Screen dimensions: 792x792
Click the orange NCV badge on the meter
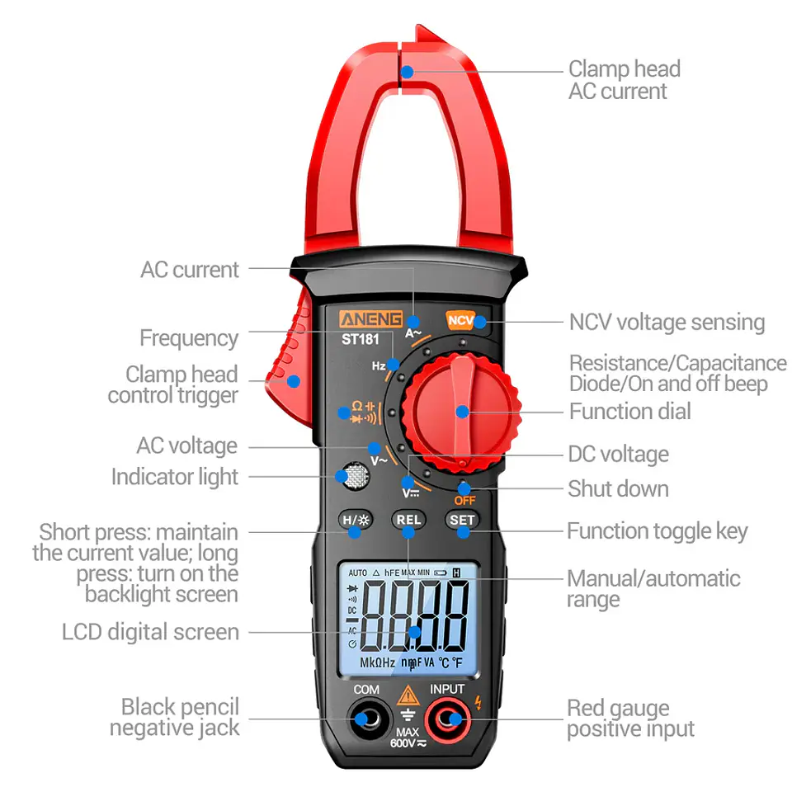[460, 320]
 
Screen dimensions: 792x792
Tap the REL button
[408, 520]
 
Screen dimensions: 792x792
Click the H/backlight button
[356, 520]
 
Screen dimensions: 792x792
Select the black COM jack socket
[369, 719]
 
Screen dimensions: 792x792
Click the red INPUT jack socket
[447, 719]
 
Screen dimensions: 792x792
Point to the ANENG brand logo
[371, 319]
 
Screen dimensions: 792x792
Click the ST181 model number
[361, 339]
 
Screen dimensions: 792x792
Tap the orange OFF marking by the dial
[464, 501]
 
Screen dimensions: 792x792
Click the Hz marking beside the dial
[379, 365]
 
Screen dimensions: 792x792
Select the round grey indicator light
[356, 476]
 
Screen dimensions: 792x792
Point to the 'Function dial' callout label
[629, 411]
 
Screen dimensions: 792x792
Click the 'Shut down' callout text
[618, 488]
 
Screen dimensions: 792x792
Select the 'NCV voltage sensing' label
[667, 323]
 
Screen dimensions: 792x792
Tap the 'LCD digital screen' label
[150, 632]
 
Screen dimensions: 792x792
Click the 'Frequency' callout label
[189, 338]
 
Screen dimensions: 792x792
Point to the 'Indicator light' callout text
[175, 476]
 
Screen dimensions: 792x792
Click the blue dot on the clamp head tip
[407, 73]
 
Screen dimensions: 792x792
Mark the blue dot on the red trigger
[294, 381]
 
